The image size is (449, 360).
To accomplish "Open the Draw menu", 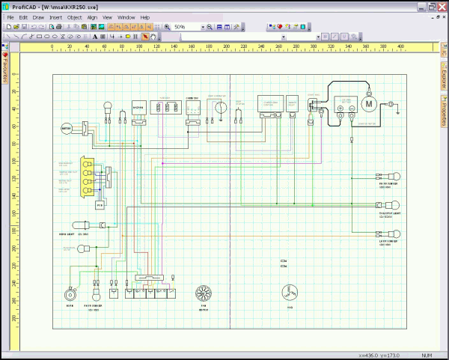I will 38,16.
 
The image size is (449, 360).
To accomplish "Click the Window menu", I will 126,16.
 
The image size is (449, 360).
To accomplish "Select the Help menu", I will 145,16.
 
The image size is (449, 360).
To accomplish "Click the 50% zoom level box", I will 184,26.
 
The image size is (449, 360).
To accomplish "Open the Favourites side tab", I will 4,68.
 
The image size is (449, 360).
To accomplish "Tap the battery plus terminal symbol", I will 340,109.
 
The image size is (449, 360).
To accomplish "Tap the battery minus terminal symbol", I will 352,109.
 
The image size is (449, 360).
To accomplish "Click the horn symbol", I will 71,294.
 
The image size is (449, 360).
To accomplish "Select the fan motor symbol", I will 201,293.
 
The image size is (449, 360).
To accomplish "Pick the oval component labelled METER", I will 66,128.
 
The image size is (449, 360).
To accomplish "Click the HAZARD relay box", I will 138,109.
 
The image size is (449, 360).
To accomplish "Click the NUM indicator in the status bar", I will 427,355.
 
